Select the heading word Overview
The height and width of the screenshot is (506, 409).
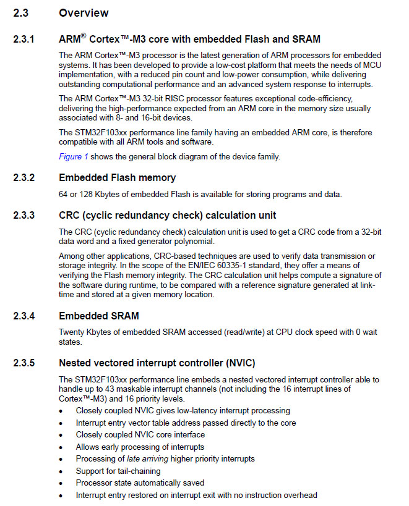[84, 13]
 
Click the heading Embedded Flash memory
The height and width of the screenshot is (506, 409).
[118, 178]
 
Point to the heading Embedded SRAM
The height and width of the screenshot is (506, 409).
[98, 316]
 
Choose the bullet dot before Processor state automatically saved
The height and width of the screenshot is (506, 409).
[61, 483]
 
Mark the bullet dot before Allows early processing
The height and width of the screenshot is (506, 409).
[61, 447]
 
